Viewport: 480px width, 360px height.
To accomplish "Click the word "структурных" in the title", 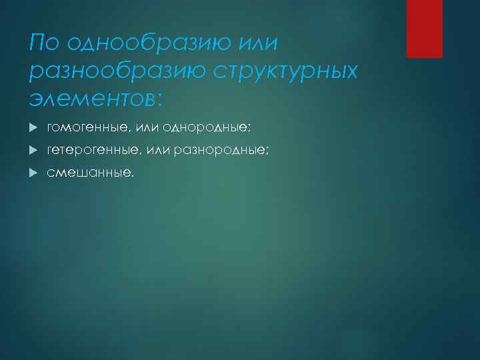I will click(285, 71).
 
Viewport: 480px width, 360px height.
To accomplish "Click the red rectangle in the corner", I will click(425, 29).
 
